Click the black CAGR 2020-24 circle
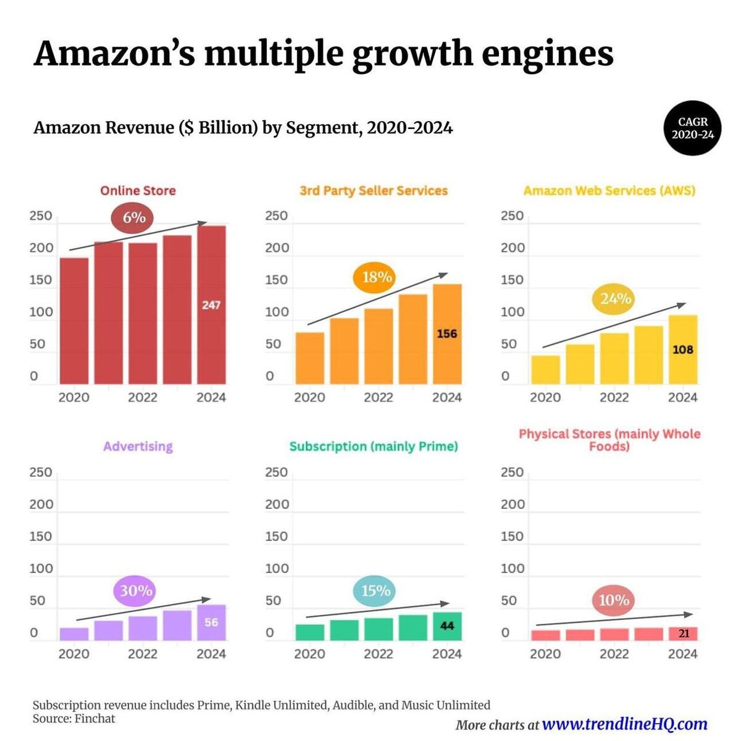pyautogui.click(x=693, y=128)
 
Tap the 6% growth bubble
pyautogui.click(x=133, y=217)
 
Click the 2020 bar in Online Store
pyautogui.click(x=74, y=321)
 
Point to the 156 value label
pyautogui.click(x=447, y=334)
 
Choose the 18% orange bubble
pyautogui.click(x=376, y=277)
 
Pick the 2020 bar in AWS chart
pyautogui.click(x=545, y=370)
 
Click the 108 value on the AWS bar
pyautogui.click(x=682, y=350)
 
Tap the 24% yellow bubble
pyautogui.click(x=615, y=299)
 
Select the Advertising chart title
pyautogui.click(x=138, y=446)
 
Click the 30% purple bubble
pyautogui.click(x=136, y=591)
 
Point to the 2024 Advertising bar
pyautogui.click(x=211, y=622)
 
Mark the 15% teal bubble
pyautogui.click(x=375, y=591)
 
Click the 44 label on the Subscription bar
pyautogui.click(x=447, y=626)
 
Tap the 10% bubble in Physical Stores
pyautogui.click(x=614, y=600)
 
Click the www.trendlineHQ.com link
pyautogui.click(x=624, y=724)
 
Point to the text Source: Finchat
pyautogui.click(x=74, y=719)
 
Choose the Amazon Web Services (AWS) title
pyautogui.click(x=609, y=191)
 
